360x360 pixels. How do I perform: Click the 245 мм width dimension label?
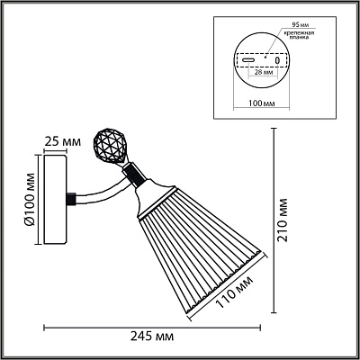click(152, 337)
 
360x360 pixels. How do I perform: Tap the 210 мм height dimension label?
click(282, 220)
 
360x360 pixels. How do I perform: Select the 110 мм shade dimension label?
click(234, 292)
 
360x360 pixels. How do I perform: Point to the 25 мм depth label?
click(62, 141)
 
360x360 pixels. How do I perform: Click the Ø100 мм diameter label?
click(30, 199)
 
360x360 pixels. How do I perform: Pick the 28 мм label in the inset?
click(263, 72)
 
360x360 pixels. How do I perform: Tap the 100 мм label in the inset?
click(262, 103)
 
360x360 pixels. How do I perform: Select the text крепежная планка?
click(300, 35)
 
